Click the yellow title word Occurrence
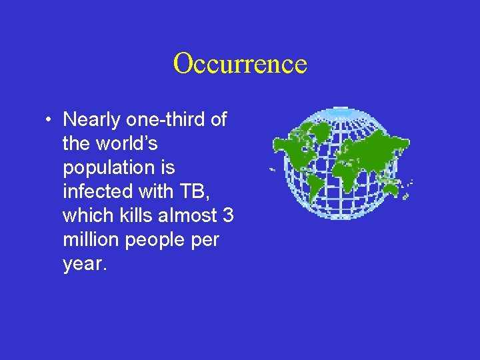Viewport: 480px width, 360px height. [240, 64]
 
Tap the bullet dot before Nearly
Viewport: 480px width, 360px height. [49, 121]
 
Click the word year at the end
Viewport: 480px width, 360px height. [83, 264]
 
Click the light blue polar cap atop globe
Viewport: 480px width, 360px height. [340, 110]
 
